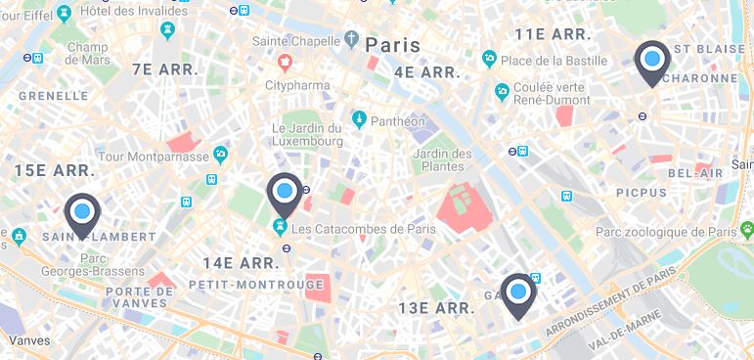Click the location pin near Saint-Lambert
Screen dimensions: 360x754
[82, 213]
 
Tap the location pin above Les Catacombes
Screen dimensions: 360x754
[285, 193]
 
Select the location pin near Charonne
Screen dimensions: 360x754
[652, 62]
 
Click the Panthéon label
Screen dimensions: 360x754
[399, 121]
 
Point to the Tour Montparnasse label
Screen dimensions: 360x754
[155, 157]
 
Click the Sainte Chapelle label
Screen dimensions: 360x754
[294, 41]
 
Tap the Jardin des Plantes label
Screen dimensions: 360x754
[442, 159]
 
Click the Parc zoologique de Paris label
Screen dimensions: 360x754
[666, 233]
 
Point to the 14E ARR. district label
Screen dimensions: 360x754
[242, 262]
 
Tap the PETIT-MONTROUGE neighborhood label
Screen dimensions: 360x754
[256, 285]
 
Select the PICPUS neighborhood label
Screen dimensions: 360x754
[641, 194]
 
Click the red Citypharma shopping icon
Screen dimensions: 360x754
[285, 64]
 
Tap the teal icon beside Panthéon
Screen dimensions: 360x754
[359, 120]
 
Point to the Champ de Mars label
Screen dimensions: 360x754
[87, 54]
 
